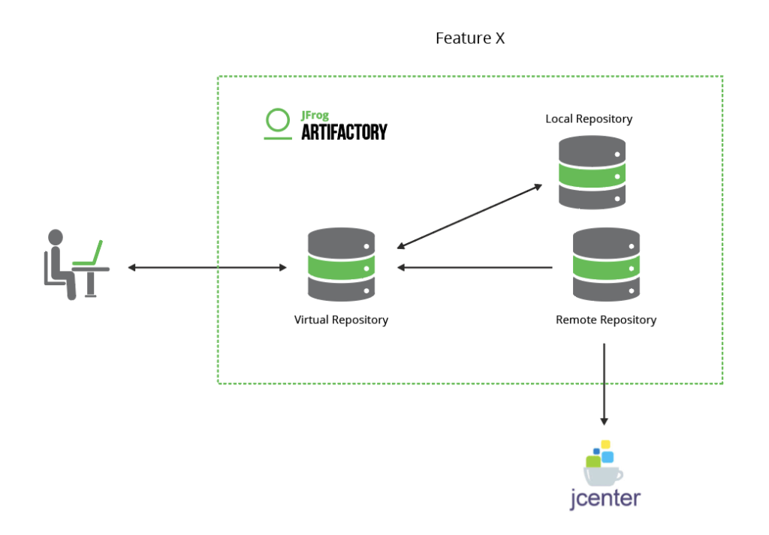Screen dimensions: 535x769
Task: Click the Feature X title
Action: pos(470,38)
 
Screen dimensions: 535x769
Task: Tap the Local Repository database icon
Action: pos(592,173)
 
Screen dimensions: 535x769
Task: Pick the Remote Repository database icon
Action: pos(606,265)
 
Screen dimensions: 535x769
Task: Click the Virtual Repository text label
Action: pos(341,320)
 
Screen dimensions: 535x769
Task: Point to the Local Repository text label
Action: pos(589,119)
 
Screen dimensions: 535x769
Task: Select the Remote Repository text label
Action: pos(605,320)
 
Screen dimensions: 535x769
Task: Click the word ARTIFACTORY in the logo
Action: pos(344,133)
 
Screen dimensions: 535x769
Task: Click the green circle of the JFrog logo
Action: pos(277,120)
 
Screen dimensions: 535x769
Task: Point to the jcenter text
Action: pos(605,498)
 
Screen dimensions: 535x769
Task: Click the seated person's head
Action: pos(56,238)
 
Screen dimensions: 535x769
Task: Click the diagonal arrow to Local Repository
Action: pos(470,216)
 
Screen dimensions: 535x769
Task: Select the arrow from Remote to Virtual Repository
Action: pos(475,267)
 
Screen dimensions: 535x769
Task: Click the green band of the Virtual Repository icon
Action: pos(342,268)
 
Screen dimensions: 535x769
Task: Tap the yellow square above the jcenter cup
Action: pos(605,444)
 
